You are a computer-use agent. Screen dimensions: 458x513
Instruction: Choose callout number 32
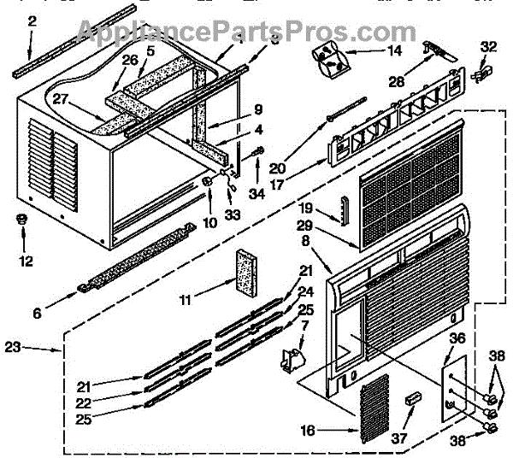[x=488, y=47]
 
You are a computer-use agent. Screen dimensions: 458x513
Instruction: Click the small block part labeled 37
[x=414, y=399]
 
